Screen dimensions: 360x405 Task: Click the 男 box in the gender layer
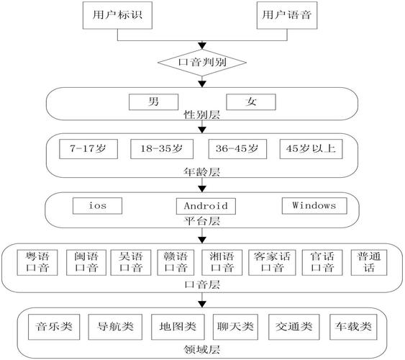[153, 102]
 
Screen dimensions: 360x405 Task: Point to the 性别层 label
[202, 114]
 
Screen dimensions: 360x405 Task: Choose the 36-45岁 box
[233, 149]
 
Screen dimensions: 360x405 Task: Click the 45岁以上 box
[310, 149]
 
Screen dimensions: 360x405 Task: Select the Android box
[201, 206]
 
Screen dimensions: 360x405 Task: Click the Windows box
[314, 205]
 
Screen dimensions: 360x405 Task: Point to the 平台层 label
[202, 220]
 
